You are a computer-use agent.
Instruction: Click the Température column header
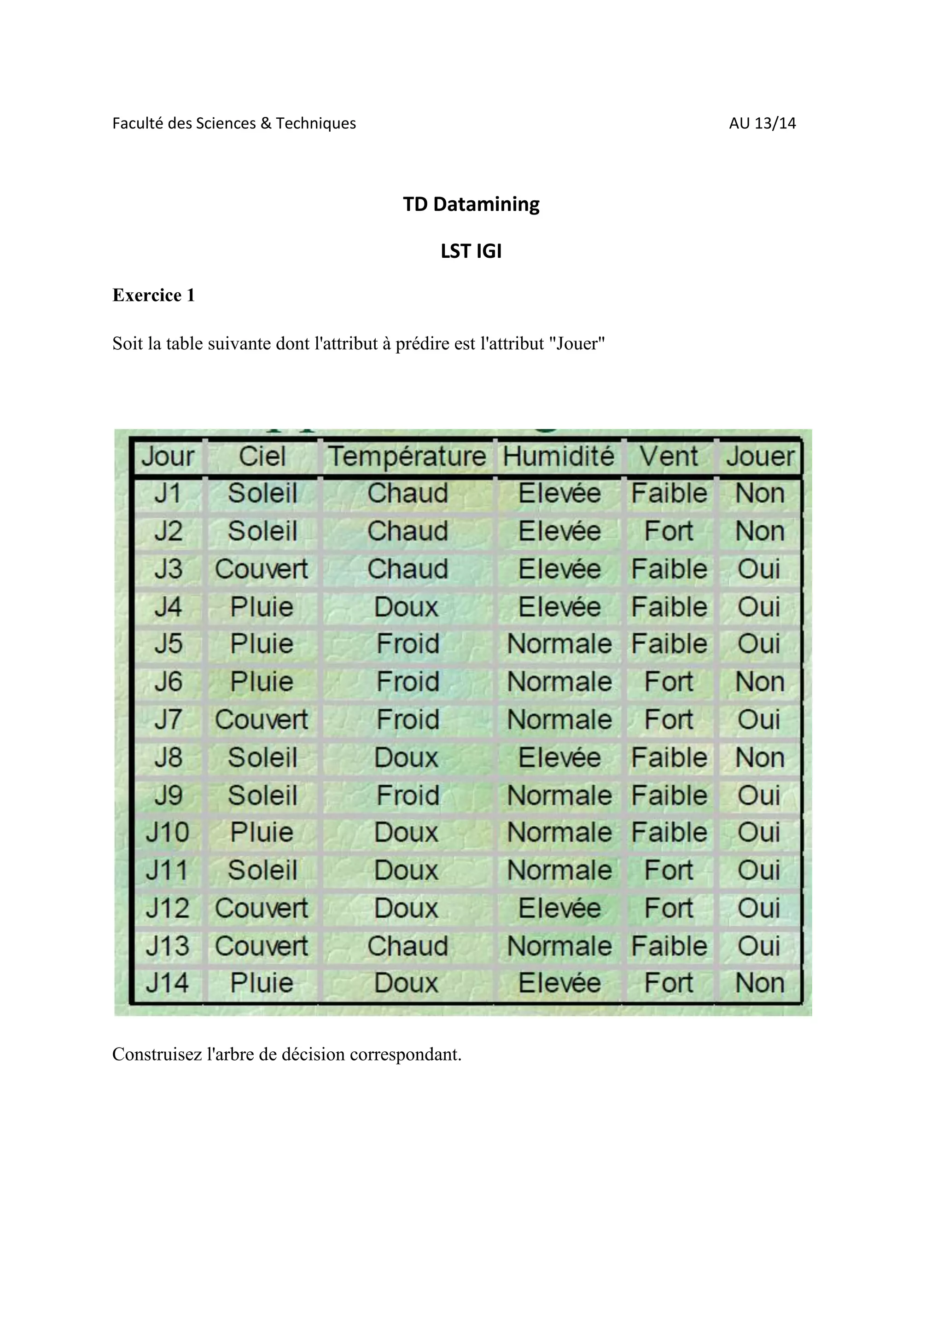point(407,456)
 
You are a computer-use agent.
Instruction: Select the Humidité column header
point(559,456)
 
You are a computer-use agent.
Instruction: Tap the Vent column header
point(669,456)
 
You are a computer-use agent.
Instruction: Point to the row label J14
point(167,983)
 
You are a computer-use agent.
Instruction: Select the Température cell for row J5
point(407,644)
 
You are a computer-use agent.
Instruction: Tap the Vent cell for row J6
point(669,682)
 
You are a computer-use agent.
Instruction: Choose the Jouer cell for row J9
point(759,795)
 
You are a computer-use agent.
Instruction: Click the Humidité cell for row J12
point(559,908)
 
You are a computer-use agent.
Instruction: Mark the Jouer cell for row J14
point(759,983)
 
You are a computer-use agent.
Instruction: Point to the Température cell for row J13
point(407,946)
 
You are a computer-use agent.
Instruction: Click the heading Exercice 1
point(153,296)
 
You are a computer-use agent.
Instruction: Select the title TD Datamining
point(471,204)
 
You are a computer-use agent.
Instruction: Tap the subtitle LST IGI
point(471,251)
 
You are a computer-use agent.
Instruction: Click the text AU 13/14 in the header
point(762,123)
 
